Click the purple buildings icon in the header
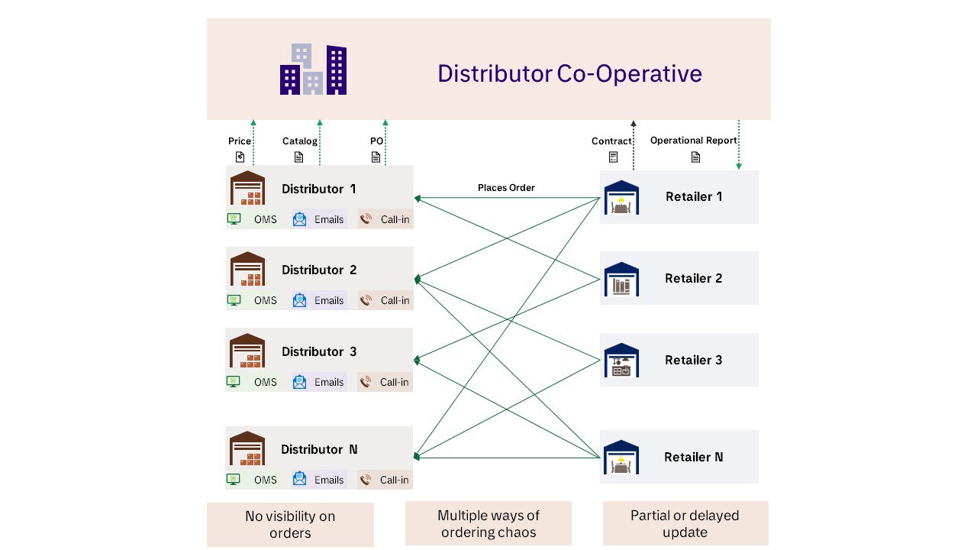pos(313,70)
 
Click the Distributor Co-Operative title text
pos(569,73)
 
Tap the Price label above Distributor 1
pos(240,141)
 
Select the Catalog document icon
pos(299,157)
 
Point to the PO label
pos(376,141)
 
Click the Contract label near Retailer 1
pos(611,141)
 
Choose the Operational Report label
pos(693,141)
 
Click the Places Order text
pos(506,188)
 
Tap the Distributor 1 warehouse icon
pos(247,188)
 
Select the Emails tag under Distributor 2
pos(319,300)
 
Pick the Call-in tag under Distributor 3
pos(385,382)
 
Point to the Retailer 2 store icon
pos(621,280)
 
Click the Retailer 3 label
pos(693,360)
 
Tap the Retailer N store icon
pos(621,458)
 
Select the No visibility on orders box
pos(290,524)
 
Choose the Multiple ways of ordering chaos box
pos(488,523)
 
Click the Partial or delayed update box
pos(685,523)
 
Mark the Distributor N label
pos(319,449)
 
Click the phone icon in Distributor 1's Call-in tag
pos(366,219)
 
